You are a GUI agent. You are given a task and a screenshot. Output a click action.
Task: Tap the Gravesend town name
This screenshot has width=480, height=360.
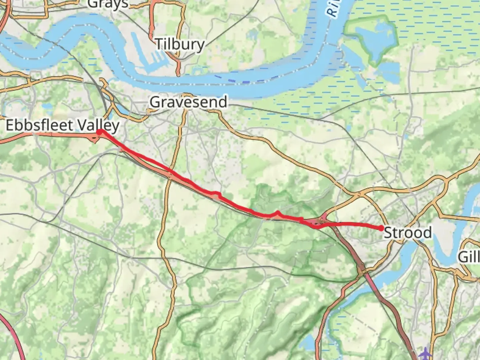[x=189, y=102]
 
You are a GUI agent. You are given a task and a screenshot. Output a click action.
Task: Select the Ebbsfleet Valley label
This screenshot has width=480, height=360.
[x=63, y=125]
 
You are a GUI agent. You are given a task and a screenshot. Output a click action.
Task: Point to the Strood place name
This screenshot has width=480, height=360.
[x=408, y=232]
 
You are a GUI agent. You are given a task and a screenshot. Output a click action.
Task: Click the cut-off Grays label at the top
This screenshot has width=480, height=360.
[x=108, y=4]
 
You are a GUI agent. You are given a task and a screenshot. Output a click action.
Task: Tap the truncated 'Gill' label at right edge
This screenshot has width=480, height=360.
[x=469, y=257]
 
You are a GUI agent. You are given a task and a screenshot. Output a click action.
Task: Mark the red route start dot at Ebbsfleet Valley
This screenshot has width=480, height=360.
[x=99, y=132]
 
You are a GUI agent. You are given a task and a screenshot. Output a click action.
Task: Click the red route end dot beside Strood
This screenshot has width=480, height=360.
[x=381, y=228]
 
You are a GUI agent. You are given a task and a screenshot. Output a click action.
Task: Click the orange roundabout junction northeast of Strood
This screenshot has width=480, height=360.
[x=445, y=182]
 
